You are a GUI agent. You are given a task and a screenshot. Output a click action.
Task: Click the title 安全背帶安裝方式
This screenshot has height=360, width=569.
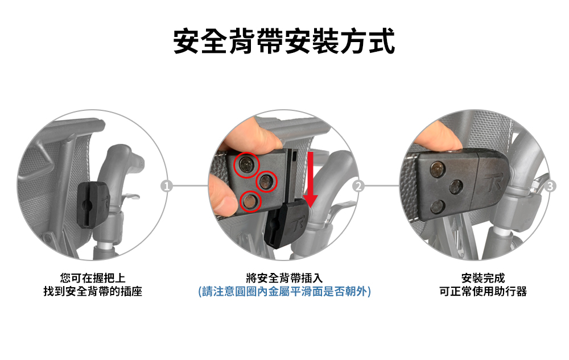pyautogui.click(x=284, y=42)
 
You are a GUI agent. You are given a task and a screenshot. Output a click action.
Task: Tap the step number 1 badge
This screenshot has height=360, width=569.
pyautogui.click(x=167, y=186)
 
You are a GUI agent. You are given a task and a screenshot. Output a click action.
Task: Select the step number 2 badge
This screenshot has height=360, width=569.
pyautogui.click(x=358, y=186)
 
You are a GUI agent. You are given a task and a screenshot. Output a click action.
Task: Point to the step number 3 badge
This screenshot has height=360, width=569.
pyautogui.click(x=550, y=186)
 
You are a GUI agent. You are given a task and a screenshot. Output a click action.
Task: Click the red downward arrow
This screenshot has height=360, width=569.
pyautogui.click(x=310, y=180)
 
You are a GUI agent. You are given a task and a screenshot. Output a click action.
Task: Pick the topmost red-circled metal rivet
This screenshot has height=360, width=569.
pyautogui.click(x=246, y=165)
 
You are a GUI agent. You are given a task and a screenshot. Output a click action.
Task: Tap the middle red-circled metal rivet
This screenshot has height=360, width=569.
pyautogui.click(x=267, y=181)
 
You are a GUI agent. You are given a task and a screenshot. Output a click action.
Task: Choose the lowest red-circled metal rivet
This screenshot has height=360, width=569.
pyautogui.click(x=250, y=201)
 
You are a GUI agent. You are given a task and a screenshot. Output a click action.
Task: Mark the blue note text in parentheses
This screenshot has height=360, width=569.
pyautogui.click(x=284, y=292)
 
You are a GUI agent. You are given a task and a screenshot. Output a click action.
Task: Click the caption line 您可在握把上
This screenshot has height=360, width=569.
pyautogui.click(x=93, y=278)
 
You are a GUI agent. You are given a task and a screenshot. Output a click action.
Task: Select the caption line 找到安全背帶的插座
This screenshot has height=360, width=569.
pyautogui.click(x=93, y=292)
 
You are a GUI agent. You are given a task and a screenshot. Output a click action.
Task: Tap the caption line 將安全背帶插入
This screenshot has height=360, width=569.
pyautogui.click(x=284, y=278)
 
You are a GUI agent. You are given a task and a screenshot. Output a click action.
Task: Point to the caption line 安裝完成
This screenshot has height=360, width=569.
pyautogui.click(x=483, y=278)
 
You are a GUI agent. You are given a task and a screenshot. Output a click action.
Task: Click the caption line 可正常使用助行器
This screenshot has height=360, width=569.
pyautogui.click(x=483, y=292)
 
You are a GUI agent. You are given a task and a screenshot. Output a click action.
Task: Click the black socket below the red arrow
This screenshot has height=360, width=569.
pyautogui.click(x=287, y=225)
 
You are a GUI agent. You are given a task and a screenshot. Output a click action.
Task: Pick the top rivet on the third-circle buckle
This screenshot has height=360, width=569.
pyautogui.click(x=438, y=169)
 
